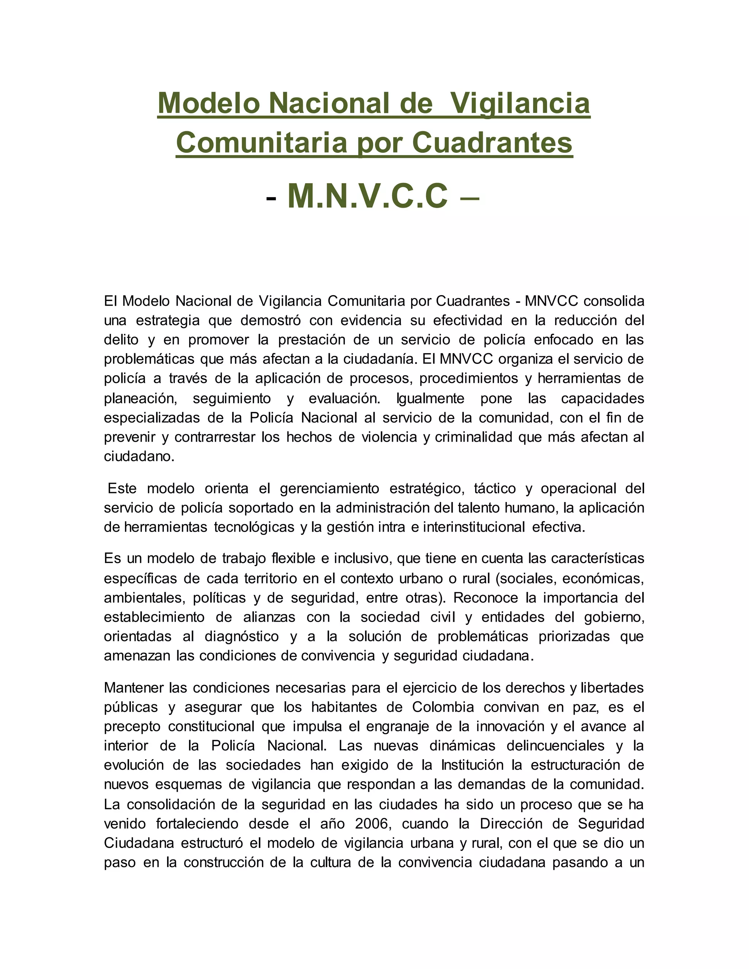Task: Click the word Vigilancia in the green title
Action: (x=520, y=103)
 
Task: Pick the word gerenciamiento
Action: (x=329, y=489)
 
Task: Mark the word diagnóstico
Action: (x=241, y=636)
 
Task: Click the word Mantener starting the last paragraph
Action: (x=133, y=688)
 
